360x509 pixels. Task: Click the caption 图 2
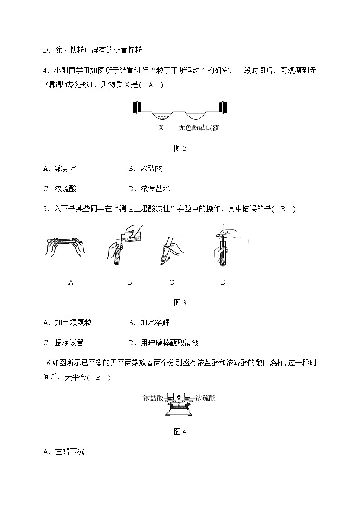180,148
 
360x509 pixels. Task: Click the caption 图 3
180,303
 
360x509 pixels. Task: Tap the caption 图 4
180,432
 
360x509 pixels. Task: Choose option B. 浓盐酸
145,169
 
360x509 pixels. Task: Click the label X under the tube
161,128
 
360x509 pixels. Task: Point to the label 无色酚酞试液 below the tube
199,128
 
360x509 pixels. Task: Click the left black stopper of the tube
136,107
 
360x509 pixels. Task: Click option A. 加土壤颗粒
67,323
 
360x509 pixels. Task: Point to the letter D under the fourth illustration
223,282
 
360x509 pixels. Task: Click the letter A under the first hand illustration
71,282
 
